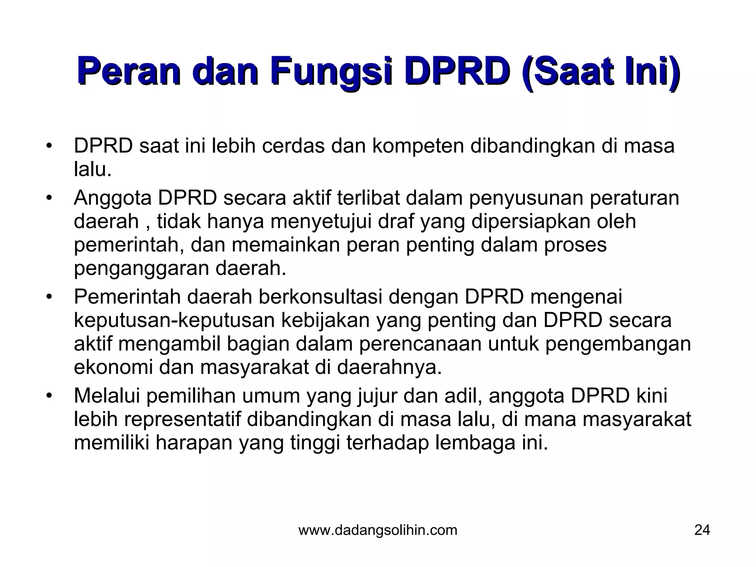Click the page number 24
click(702, 530)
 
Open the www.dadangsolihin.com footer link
click(378, 530)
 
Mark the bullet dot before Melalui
click(48, 396)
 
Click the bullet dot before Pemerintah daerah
click(48, 297)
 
